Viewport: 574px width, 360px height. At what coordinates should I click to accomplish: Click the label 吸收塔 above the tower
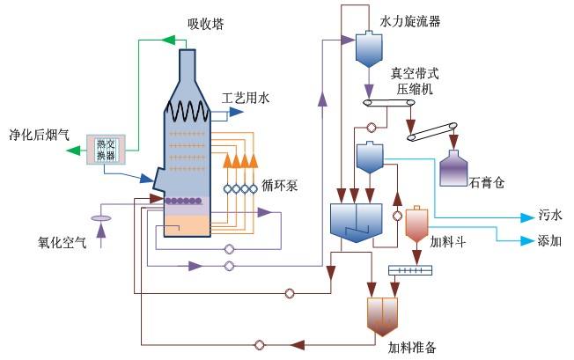point(205,24)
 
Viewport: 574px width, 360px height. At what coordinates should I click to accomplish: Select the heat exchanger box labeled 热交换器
point(106,150)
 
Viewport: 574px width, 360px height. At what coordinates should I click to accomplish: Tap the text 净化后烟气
point(39,135)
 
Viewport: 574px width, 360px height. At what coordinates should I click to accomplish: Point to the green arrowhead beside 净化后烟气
point(73,150)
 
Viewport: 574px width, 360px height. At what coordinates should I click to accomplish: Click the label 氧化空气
point(63,242)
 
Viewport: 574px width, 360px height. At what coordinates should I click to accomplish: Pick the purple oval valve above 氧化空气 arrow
point(101,218)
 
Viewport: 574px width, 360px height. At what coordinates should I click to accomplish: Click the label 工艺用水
point(246,98)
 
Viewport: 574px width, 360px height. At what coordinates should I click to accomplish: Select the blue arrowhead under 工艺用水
point(236,112)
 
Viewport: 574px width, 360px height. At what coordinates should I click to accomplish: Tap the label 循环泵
point(280,186)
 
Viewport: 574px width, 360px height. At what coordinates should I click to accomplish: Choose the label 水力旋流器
point(410,21)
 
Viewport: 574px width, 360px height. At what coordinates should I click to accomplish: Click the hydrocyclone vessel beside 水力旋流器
point(369,49)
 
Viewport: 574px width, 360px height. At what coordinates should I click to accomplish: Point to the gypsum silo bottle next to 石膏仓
point(453,168)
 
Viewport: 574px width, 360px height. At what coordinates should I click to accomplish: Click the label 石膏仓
point(487,182)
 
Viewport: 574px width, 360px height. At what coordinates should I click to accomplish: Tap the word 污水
point(550,215)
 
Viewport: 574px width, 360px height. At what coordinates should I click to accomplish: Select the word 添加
point(549,240)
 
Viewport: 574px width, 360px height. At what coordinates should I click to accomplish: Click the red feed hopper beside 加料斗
point(416,224)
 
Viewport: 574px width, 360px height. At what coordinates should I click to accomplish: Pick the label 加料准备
point(412,347)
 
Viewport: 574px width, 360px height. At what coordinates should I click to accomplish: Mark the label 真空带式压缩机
point(415,81)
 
